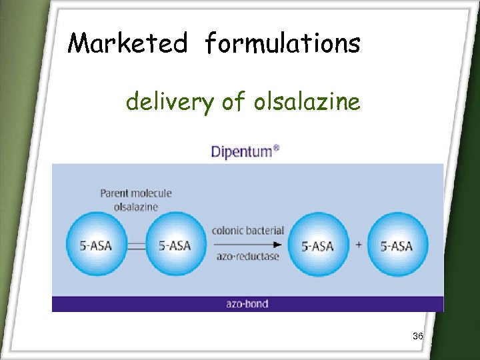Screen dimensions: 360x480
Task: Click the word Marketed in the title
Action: pyautogui.click(x=128, y=44)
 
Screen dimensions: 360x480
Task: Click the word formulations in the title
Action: pyautogui.click(x=283, y=44)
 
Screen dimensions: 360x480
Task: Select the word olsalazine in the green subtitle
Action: pyautogui.click(x=307, y=102)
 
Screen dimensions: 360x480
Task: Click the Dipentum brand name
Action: pyautogui.click(x=240, y=151)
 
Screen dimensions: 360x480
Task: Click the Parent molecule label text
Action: pyautogui.click(x=136, y=193)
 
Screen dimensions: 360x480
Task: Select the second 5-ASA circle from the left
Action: pyautogui.click(x=175, y=245)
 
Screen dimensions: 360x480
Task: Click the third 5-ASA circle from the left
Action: pyautogui.click(x=318, y=245)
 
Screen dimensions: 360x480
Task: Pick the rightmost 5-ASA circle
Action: pyautogui.click(x=397, y=245)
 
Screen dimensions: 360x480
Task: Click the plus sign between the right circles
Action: pyautogui.click(x=358, y=245)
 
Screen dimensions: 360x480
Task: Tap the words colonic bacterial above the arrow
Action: pyautogui.click(x=247, y=231)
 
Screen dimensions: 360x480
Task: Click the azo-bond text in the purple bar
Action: pyautogui.click(x=247, y=304)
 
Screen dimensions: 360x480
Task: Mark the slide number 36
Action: pyautogui.click(x=418, y=336)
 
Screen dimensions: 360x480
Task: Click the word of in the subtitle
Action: pyautogui.click(x=229, y=102)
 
